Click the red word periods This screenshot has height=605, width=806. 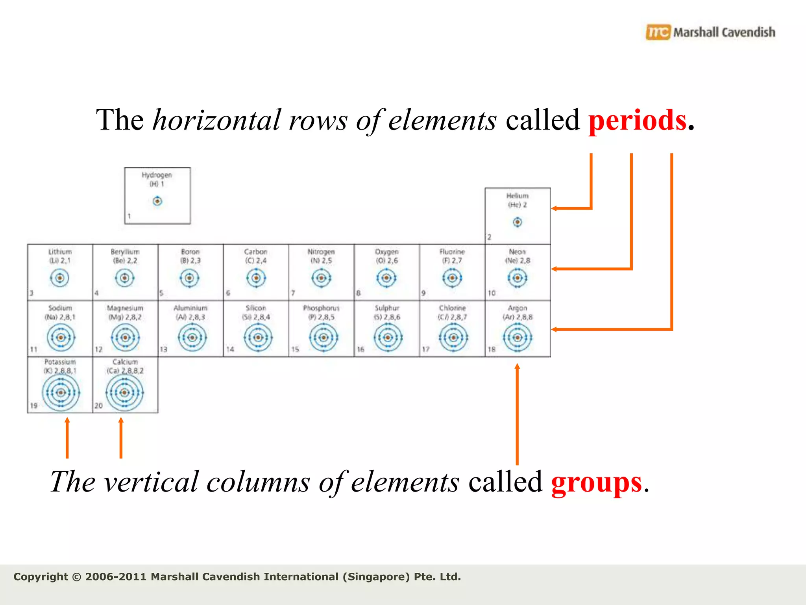point(638,120)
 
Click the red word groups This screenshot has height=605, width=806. point(596,483)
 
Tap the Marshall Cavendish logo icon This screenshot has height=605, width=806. point(658,32)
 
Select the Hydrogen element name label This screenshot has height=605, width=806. point(157,175)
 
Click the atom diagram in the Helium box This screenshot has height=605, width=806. point(517,222)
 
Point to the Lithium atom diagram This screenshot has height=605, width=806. point(60,278)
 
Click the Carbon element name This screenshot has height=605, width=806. point(256,252)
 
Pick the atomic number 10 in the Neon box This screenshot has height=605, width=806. point(492,293)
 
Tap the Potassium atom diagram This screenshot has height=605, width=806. point(61,392)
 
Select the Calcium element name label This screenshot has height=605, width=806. point(125,362)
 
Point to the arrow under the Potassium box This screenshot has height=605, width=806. point(67,437)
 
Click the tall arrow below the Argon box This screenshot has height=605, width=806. point(517,414)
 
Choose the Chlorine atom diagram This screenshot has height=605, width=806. point(453,338)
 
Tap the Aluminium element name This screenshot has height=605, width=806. point(190,308)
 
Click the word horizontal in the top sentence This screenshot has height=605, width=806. point(216,120)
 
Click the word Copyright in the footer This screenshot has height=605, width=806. point(41,577)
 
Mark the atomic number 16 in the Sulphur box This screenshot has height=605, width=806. point(360,349)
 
